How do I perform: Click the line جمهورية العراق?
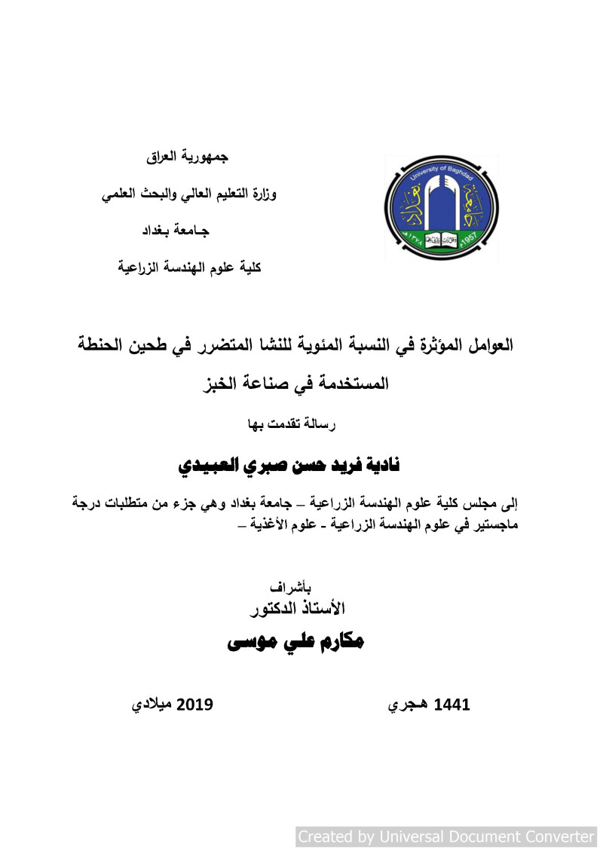[x=187, y=157]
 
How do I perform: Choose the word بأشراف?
[x=289, y=588]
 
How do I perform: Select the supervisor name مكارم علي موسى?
[x=295, y=642]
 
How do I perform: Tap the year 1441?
[x=452, y=705]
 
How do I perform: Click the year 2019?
[x=195, y=705]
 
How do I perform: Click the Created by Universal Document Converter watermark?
[x=446, y=836]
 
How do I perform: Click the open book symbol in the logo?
[x=441, y=242]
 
